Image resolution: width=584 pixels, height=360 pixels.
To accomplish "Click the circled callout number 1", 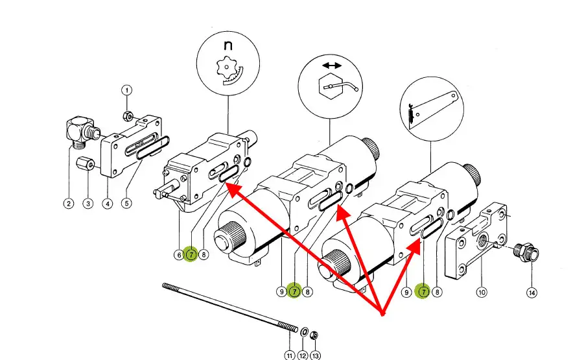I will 127,90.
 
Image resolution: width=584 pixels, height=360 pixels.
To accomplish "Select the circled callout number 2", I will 69,204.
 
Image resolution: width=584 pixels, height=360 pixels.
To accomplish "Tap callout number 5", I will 127,203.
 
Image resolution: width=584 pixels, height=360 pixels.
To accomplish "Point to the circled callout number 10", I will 482,292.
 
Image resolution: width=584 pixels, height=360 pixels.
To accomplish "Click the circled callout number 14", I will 532,293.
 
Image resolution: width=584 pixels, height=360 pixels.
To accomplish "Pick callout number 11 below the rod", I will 290,355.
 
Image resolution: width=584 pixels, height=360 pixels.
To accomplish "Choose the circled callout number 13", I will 315,355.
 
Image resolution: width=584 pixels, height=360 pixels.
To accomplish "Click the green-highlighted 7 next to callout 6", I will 191,255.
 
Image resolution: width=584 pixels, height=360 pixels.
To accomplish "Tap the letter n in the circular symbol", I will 228,47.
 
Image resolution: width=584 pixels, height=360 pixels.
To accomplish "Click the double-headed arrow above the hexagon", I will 332,66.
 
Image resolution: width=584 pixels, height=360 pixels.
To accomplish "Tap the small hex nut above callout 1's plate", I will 128,116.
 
